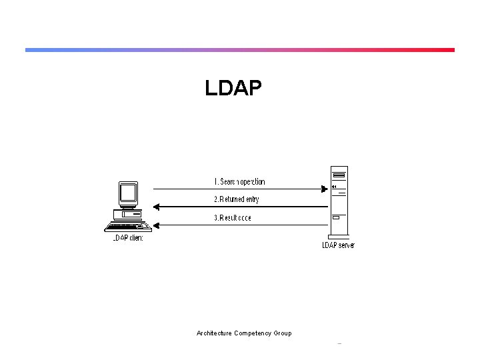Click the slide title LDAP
pyautogui.click(x=234, y=88)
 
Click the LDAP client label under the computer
pyautogui.click(x=127, y=238)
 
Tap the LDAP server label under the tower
pyautogui.click(x=338, y=245)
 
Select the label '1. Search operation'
pyautogui.click(x=239, y=181)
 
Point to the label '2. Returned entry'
pyautogui.click(x=236, y=199)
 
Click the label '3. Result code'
pyautogui.click(x=232, y=218)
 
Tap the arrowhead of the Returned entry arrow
pyautogui.click(x=155, y=207)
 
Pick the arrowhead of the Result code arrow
pyautogui.click(x=155, y=225)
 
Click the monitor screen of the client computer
pyautogui.click(x=127, y=193)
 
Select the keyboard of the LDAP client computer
pyautogui.click(x=127, y=226)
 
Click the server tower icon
pyautogui.click(x=339, y=200)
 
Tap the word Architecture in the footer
pyautogui.click(x=214, y=333)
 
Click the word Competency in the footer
pyautogui.click(x=253, y=333)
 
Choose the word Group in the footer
pyautogui.click(x=283, y=333)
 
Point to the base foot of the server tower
pyautogui.click(x=339, y=236)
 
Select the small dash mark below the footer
pyautogui.click(x=339, y=344)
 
